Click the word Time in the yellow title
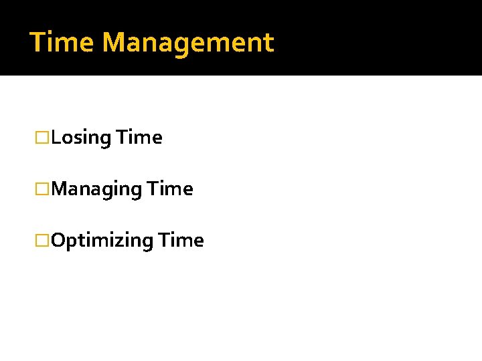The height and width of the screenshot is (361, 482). [x=63, y=43]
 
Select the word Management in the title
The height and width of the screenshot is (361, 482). [x=188, y=43]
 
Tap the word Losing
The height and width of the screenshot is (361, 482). [x=80, y=138]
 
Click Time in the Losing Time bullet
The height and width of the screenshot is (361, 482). [x=139, y=138]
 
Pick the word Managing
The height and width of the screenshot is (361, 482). [x=96, y=190]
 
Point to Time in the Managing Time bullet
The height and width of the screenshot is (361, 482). [x=170, y=189]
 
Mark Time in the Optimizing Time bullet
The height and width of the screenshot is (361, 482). [x=180, y=241]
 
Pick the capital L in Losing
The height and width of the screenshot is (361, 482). [x=56, y=138]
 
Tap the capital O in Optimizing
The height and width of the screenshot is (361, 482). [x=58, y=241]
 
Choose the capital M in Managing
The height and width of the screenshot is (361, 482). [x=60, y=189]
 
